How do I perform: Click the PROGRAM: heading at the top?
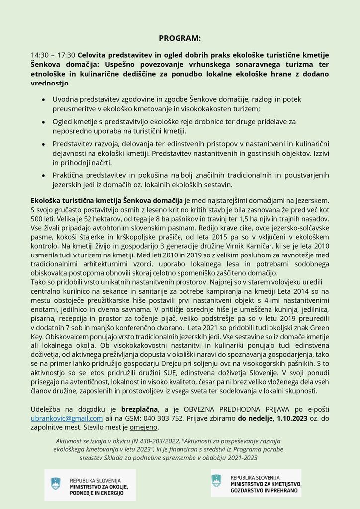[180, 38]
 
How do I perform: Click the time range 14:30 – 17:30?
[53, 54]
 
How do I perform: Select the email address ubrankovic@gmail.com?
[67, 418]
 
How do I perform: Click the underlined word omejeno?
[144, 427]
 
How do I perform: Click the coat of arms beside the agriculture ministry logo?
[216, 481]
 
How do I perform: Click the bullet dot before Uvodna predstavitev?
[43, 100]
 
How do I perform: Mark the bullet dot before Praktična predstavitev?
[43, 176]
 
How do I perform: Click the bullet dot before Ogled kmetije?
[43, 122]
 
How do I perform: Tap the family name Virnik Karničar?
[264, 248]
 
